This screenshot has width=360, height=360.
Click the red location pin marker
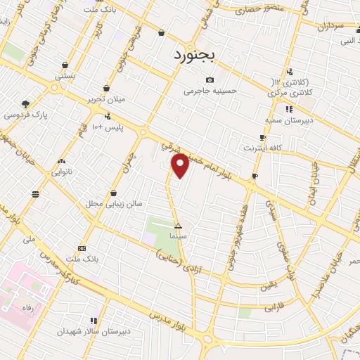[x=180, y=166]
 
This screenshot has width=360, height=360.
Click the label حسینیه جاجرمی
[x=211, y=91]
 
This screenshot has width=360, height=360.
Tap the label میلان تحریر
[x=105, y=99]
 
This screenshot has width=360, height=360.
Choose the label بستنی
[x=65, y=75]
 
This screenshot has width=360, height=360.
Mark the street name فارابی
[x=271, y=308]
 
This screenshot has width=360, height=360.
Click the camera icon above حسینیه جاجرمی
[x=210, y=80]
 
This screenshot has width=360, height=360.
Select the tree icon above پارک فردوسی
[x=25, y=104]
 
